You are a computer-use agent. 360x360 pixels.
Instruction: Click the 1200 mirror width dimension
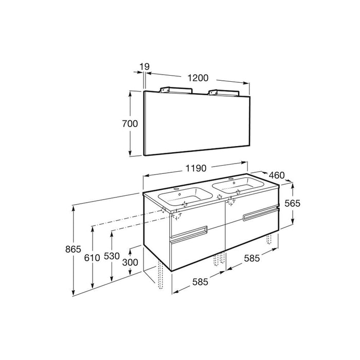(198, 78)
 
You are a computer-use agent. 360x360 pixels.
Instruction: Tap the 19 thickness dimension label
(145, 66)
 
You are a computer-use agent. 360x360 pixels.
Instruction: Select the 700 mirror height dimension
(130, 124)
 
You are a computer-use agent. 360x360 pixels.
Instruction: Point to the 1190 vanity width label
(196, 168)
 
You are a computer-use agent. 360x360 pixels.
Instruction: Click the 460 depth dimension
(277, 175)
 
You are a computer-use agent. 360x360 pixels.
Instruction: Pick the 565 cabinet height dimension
(292, 203)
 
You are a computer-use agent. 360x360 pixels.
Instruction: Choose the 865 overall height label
(73, 249)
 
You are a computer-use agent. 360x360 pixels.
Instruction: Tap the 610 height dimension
(92, 258)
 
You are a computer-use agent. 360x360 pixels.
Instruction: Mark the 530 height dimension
(112, 256)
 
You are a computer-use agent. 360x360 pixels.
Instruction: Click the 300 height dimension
(130, 262)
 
